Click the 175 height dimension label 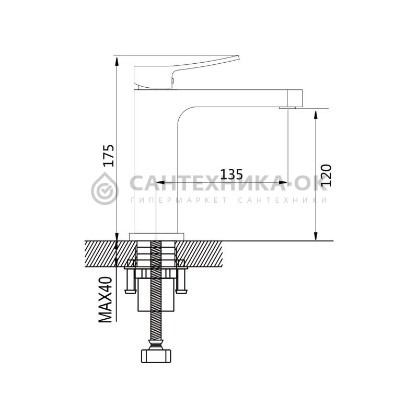[x=109, y=156]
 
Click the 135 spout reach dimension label [x=231, y=175]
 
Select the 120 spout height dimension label [x=326, y=176]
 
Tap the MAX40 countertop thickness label [x=106, y=299]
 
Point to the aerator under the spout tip [x=287, y=108]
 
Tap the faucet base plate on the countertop [x=157, y=237]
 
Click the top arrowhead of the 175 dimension [x=116, y=62]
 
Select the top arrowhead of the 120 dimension [x=316, y=114]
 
